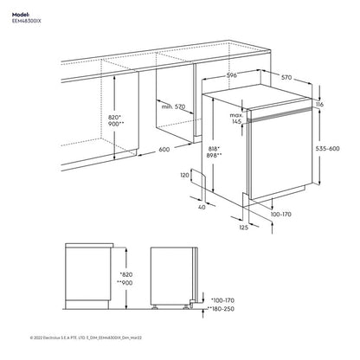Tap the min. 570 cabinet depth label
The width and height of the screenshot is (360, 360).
(173, 106)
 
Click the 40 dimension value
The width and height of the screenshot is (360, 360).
(202, 207)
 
